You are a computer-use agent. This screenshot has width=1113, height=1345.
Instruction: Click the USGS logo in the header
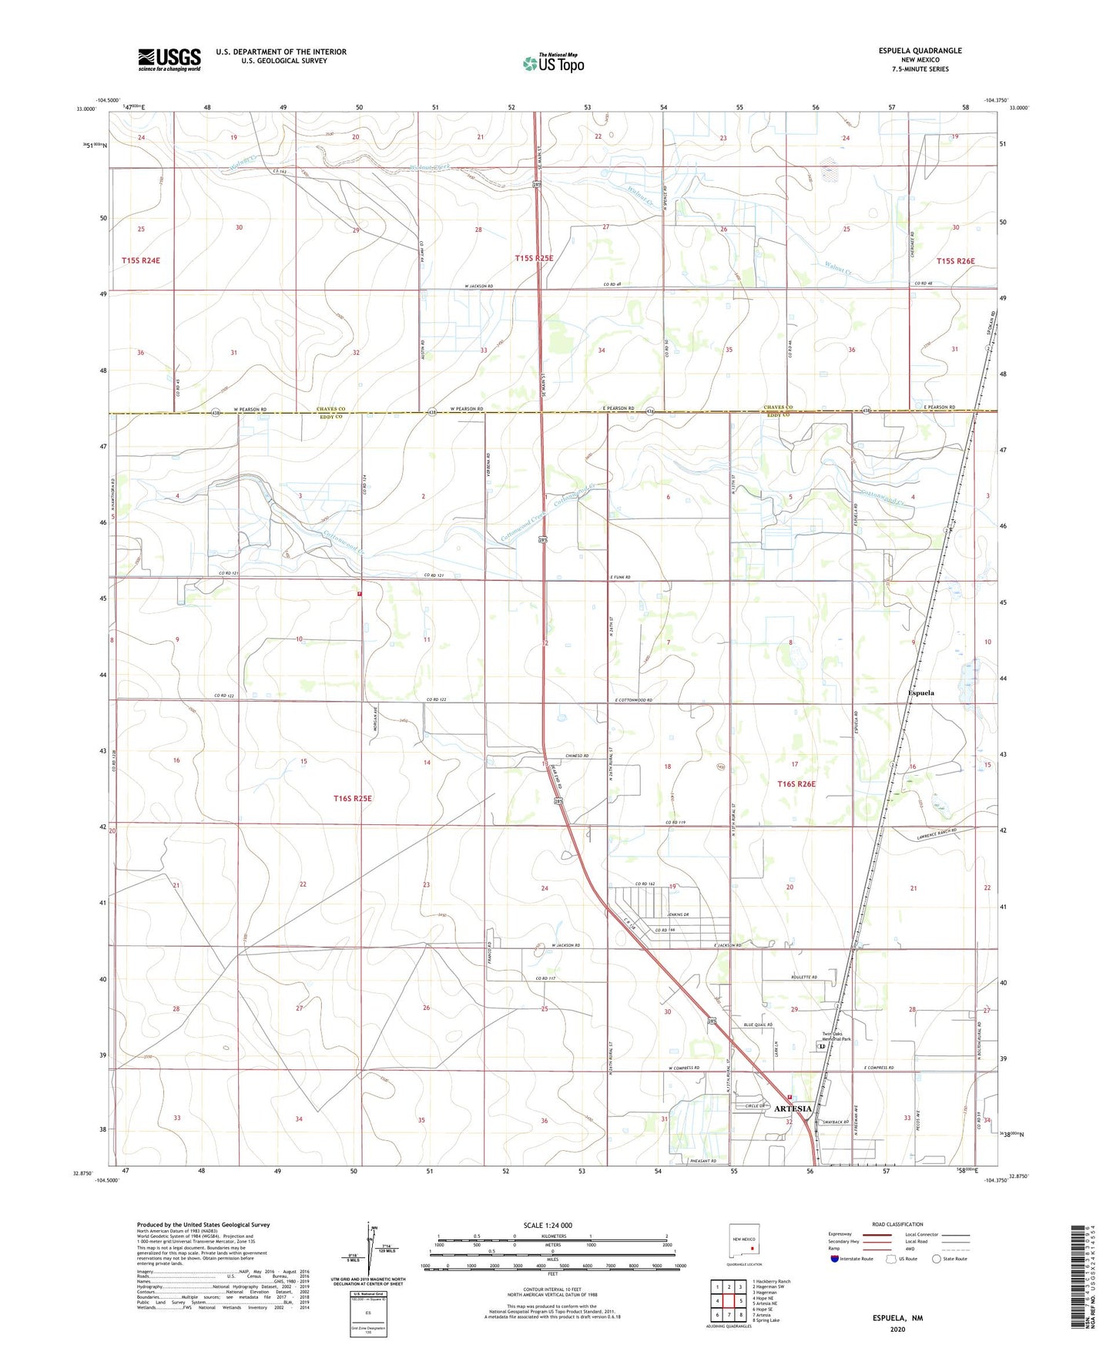point(169,59)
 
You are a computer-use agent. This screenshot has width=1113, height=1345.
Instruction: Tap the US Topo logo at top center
point(552,63)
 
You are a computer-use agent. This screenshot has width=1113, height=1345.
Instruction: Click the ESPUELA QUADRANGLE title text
point(920,51)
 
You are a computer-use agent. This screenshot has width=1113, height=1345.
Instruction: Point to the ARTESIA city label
point(793,1109)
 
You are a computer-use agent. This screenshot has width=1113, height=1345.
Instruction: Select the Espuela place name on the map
point(920,693)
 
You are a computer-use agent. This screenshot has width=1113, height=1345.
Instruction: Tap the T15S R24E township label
point(141,261)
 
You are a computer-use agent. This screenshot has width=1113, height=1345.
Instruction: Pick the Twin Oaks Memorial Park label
point(836,1036)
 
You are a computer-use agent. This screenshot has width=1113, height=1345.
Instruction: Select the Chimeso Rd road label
point(577,756)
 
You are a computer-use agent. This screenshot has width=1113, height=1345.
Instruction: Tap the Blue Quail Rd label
point(757,1025)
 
